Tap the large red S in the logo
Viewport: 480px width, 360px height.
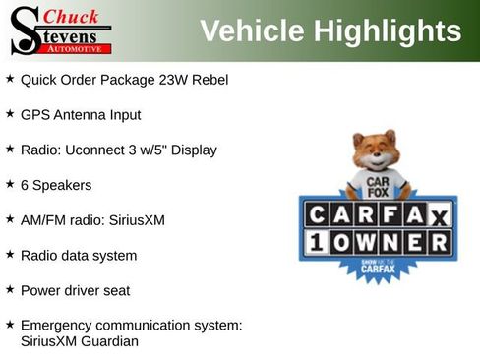(x=25, y=30)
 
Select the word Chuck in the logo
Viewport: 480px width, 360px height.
(x=72, y=16)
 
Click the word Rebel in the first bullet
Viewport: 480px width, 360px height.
(x=209, y=79)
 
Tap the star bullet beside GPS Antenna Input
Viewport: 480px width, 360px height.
(x=10, y=113)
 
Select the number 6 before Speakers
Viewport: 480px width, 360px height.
(x=25, y=185)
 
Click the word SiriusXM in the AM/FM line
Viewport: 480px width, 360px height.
(x=135, y=219)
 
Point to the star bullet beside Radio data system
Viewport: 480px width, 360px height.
(x=10, y=254)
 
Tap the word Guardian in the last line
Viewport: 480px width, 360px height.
(x=110, y=341)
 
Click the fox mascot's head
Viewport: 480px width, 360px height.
(x=374, y=151)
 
